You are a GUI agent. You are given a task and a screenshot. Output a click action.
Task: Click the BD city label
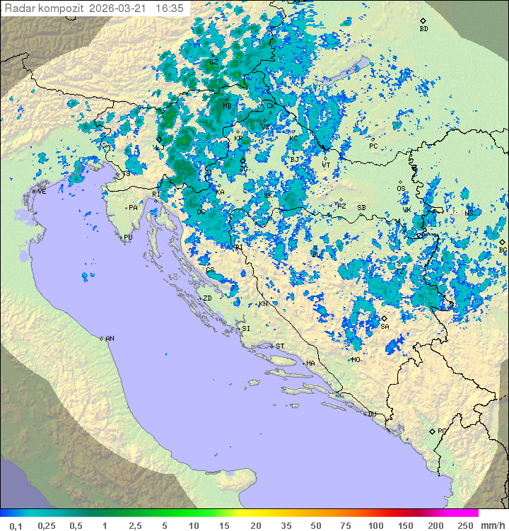pyautogui.click(x=423, y=29)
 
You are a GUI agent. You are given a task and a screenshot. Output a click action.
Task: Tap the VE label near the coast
pyautogui.click(x=42, y=192)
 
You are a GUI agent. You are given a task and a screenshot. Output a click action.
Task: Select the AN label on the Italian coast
pyautogui.click(x=110, y=339)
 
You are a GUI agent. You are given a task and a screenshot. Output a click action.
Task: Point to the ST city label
pyautogui.click(x=280, y=346)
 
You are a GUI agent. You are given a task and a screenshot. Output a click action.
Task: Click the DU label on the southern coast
pyautogui.click(x=371, y=414)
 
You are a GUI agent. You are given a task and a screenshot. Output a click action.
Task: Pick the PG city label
pyautogui.click(x=442, y=431)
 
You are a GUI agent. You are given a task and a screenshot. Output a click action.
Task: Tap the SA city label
pyautogui.click(x=385, y=327)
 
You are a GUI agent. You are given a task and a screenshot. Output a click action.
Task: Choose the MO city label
pyautogui.click(x=356, y=359)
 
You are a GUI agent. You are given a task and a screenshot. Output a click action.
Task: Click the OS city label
pyautogui.click(x=401, y=189)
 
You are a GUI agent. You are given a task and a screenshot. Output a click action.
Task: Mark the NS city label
pyautogui.click(x=469, y=213)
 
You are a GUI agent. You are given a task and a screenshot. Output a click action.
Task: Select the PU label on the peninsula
pyautogui.click(x=128, y=238)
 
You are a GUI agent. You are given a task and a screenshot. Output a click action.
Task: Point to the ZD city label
pyautogui.click(x=207, y=298)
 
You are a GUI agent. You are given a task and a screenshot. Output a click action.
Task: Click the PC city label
pyautogui.click(x=373, y=146)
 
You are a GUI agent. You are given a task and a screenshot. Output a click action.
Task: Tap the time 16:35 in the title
pyautogui.click(x=170, y=8)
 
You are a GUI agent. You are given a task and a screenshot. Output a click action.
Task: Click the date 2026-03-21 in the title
pyautogui.click(x=120, y=8)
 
